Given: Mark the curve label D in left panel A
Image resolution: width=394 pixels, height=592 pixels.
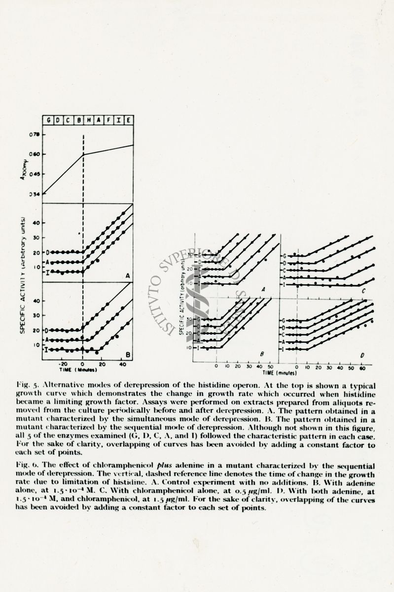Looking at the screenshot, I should click(x=47, y=252).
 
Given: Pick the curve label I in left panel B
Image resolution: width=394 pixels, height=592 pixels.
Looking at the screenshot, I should click(x=47, y=349).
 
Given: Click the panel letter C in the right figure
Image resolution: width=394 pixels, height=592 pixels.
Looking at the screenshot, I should click(x=363, y=291).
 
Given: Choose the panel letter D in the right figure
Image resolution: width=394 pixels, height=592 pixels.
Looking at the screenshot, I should click(x=363, y=354).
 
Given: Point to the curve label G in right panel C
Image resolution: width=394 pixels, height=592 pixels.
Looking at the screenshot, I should click(x=285, y=256).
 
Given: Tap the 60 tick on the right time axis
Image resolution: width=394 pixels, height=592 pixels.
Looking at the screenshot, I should click(x=362, y=368).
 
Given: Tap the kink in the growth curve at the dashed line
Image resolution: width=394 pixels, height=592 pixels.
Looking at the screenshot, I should click(x=83, y=154).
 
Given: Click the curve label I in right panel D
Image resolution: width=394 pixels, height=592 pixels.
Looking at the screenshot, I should click(x=285, y=349).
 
